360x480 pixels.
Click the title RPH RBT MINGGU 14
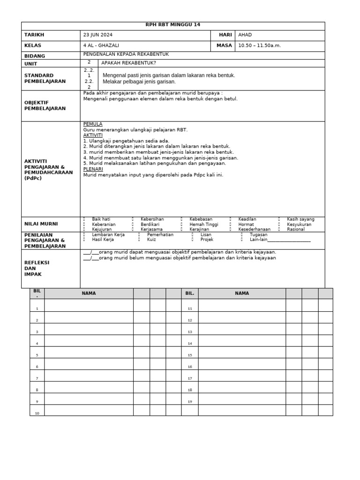tap(173, 25)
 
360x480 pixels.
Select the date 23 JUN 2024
tap(98, 35)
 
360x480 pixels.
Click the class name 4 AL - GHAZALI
tap(101, 45)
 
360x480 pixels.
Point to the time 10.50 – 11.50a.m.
tap(260, 45)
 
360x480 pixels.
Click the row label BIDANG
tap(34, 56)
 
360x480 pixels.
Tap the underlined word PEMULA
tap(92, 124)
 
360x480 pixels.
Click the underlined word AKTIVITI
tap(93, 135)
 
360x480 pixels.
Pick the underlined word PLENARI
tap(93, 169)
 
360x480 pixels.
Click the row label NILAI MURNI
tap(41, 224)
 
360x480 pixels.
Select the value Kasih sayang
tap(300, 219)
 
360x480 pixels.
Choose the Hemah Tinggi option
tap(204, 224)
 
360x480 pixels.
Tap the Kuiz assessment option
tap(151, 240)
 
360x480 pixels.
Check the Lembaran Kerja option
tap(108, 234)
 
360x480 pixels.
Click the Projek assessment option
tap(207, 240)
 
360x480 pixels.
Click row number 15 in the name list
tap(190, 355)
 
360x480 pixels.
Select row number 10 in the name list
tap(37, 413)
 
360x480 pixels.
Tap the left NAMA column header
tap(89, 293)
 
